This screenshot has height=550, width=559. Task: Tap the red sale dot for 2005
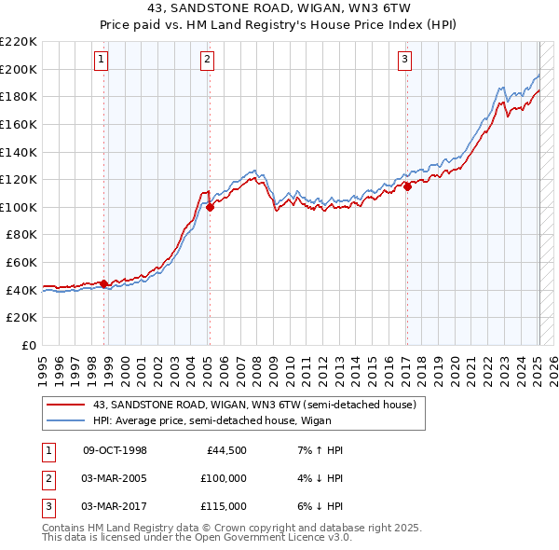click(x=210, y=208)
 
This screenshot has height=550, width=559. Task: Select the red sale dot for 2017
click(x=407, y=186)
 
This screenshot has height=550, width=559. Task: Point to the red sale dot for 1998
click(x=103, y=283)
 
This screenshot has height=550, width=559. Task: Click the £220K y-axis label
click(x=19, y=42)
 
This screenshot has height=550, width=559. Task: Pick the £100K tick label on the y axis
click(x=19, y=207)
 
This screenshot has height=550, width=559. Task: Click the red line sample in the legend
click(x=66, y=405)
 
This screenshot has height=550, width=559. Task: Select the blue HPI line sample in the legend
click(x=66, y=420)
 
